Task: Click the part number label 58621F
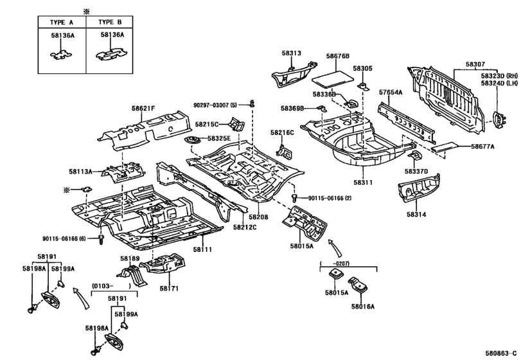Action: point(145,110)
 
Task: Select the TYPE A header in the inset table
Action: point(61,22)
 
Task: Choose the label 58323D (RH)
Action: point(499,75)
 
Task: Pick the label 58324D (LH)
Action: point(499,83)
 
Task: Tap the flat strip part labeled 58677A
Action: point(448,147)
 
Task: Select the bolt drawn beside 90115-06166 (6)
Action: point(102,240)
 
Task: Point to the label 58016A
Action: point(364,307)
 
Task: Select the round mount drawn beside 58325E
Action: point(191,141)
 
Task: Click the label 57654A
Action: point(390,93)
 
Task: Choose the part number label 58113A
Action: point(82,172)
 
